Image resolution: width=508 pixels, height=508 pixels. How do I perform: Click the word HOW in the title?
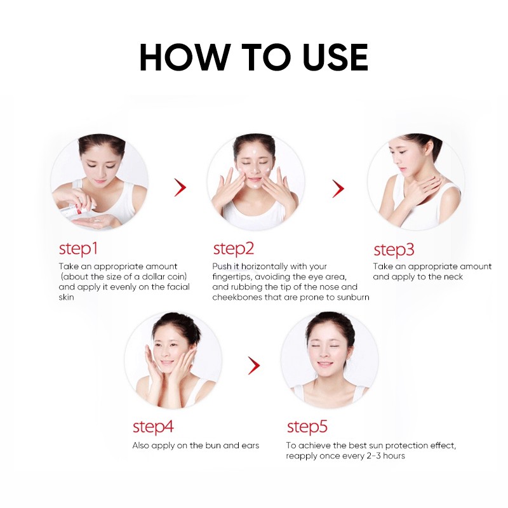click(x=184, y=57)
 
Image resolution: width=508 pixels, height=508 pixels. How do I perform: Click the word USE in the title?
click(x=335, y=57)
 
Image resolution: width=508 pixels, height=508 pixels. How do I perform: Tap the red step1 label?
click(x=78, y=249)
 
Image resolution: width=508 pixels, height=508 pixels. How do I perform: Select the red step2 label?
click(x=233, y=249)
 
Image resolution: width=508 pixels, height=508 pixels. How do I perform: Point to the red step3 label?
click(x=394, y=250)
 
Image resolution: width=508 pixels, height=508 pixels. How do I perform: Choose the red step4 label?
click(x=153, y=427)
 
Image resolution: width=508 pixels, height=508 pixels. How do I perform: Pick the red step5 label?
click(x=307, y=427)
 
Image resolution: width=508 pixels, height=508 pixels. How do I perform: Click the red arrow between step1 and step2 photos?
click(x=180, y=187)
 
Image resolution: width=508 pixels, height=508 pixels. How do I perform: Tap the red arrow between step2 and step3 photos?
click(x=338, y=189)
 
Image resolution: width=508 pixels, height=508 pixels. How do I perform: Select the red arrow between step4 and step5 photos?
click(x=254, y=366)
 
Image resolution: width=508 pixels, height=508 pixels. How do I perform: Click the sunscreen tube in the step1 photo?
click(x=76, y=211)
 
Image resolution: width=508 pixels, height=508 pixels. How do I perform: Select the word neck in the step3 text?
click(x=453, y=277)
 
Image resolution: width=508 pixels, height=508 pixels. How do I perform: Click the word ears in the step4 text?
click(x=250, y=446)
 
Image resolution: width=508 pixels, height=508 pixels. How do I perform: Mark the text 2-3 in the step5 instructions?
click(x=374, y=456)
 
